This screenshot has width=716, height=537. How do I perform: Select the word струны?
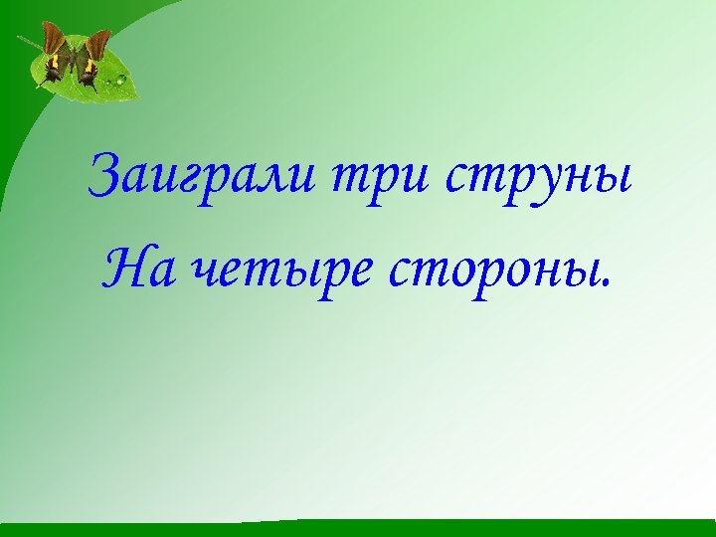pyautogui.click(x=538, y=179)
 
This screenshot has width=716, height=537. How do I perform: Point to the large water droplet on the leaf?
pyautogui.click(x=120, y=79)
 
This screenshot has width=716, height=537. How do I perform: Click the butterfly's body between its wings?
pyautogui.click(x=77, y=62)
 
